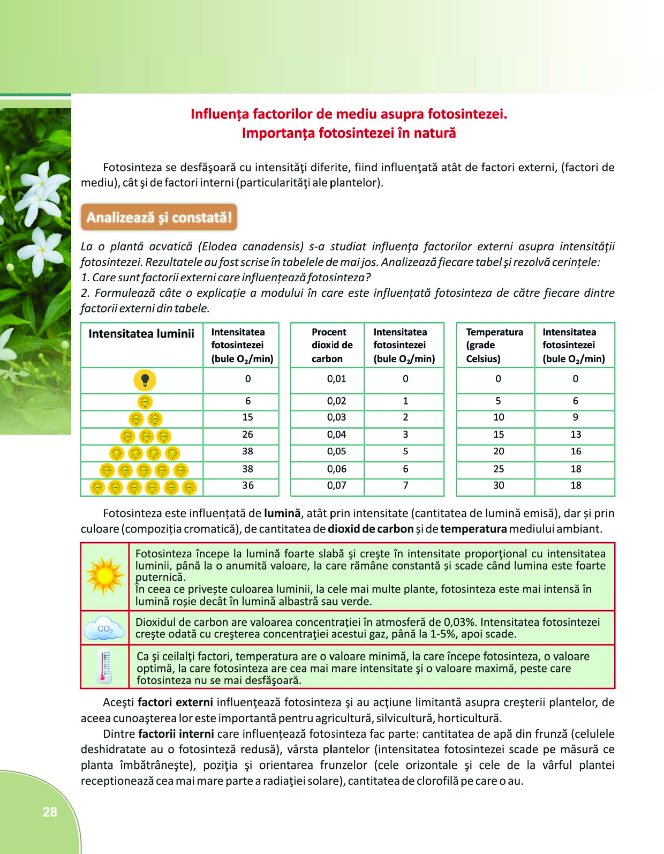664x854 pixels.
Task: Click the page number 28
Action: click(x=50, y=812)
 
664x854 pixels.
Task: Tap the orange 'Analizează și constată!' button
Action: click(x=159, y=218)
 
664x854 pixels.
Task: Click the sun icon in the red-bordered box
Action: click(x=105, y=576)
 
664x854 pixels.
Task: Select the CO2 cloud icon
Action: click(x=105, y=628)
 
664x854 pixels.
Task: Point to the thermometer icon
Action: click(x=105, y=667)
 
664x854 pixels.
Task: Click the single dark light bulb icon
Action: click(x=145, y=380)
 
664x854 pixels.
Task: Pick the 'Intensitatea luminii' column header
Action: click(x=141, y=334)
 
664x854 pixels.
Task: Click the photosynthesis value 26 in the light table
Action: click(x=247, y=435)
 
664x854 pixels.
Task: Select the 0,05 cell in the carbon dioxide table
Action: click(x=336, y=452)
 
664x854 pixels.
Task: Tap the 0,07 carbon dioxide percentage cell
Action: click(x=336, y=485)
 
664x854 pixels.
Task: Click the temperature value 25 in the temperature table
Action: click(x=498, y=469)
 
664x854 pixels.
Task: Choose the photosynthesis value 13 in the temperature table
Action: click(x=576, y=435)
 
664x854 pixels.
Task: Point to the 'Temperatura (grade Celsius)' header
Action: click(x=494, y=345)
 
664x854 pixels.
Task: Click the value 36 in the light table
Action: click(x=247, y=485)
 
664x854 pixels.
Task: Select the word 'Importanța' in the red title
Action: click(x=278, y=133)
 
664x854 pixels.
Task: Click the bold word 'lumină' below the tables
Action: click(x=282, y=513)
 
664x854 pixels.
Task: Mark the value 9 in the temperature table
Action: click(x=576, y=417)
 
